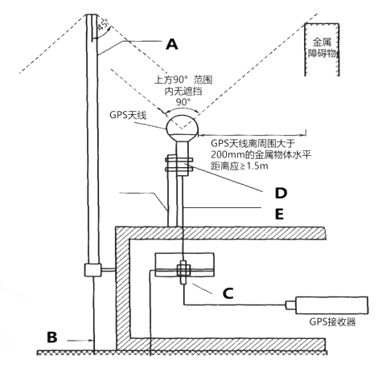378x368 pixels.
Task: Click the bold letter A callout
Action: tap(172, 44)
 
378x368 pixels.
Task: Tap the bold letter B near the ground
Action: tap(52, 337)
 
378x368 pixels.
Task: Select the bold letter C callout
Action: tap(228, 293)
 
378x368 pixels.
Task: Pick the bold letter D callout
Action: tap(281, 193)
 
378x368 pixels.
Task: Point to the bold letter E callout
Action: tap(279, 215)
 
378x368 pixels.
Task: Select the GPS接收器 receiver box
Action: tap(331, 305)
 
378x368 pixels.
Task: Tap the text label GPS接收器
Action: tap(332, 321)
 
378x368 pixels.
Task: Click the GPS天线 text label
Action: tap(128, 115)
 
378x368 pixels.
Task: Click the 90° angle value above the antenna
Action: tap(183, 102)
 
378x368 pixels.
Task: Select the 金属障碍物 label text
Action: tap(322, 47)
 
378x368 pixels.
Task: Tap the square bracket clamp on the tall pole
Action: tap(93, 270)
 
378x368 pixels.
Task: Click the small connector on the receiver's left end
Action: tap(290, 305)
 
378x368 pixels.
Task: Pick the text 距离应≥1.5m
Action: tap(240, 166)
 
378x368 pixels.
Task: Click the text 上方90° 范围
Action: tap(183, 80)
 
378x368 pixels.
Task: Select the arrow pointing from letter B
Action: tap(80, 341)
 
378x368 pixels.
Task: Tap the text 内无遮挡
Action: tap(183, 92)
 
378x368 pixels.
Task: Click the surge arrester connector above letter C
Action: tap(183, 271)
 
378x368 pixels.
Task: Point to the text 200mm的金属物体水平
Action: tap(261, 155)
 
